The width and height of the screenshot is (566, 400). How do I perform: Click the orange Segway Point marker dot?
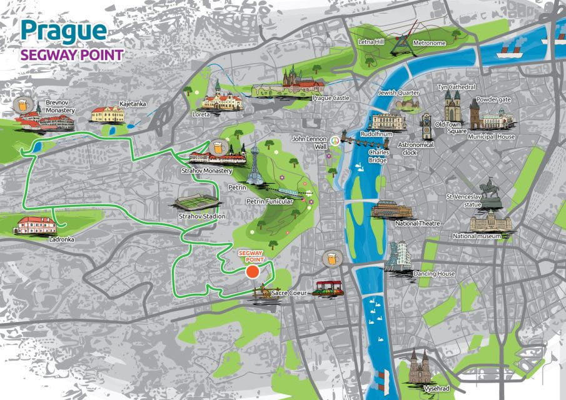click(x=253, y=272)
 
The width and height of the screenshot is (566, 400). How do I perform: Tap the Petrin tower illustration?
click(x=255, y=166)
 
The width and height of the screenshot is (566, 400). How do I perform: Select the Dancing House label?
click(x=434, y=274)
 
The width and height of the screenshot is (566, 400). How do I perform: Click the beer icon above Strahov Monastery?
click(x=218, y=147)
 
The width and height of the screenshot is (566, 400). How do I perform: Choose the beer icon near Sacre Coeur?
click(x=330, y=258)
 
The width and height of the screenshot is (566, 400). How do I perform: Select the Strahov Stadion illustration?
click(x=196, y=202)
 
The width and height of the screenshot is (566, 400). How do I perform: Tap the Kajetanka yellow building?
click(x=108, y=114)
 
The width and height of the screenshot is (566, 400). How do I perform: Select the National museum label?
click(x=477, y=236)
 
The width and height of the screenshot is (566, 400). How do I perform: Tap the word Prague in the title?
click(x=63, y=29)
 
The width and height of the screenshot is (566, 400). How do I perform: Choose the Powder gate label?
click(x=493, y=99)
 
